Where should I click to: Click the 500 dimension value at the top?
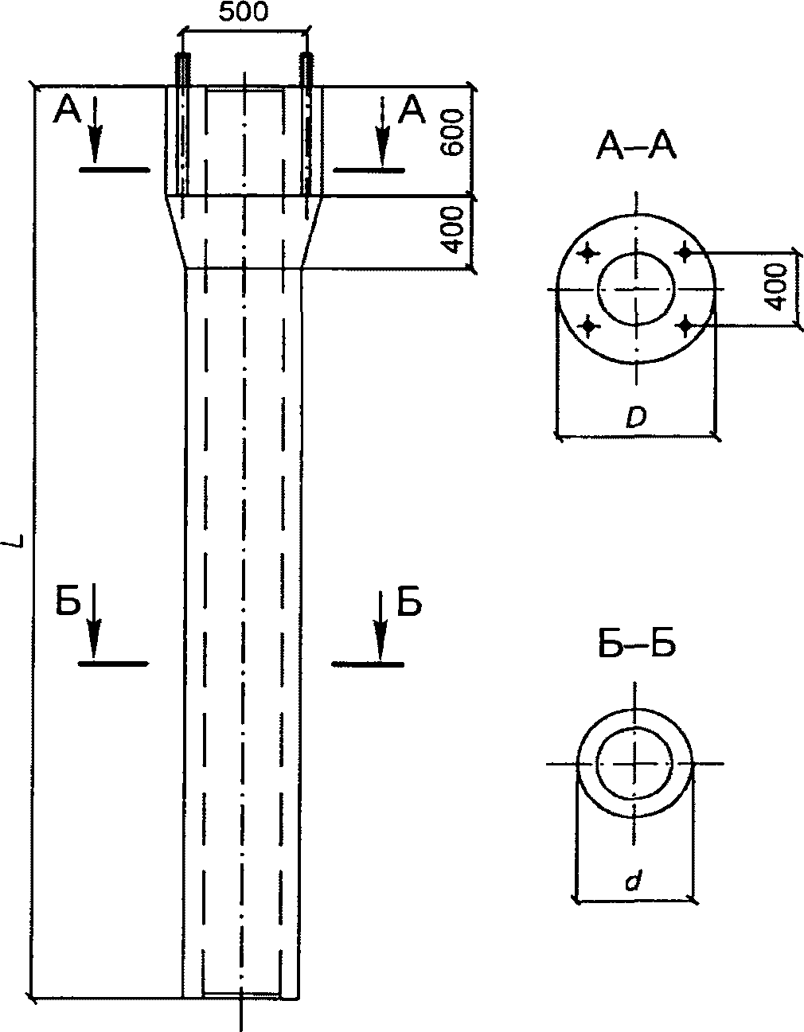[243, 13]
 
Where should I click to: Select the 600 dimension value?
[451, 132]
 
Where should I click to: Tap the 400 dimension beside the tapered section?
[451, 229]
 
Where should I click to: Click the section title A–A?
[635, 146]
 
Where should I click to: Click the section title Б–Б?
[636, 645]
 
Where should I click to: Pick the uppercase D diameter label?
[635, 418]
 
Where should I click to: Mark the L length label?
[18, 540]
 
